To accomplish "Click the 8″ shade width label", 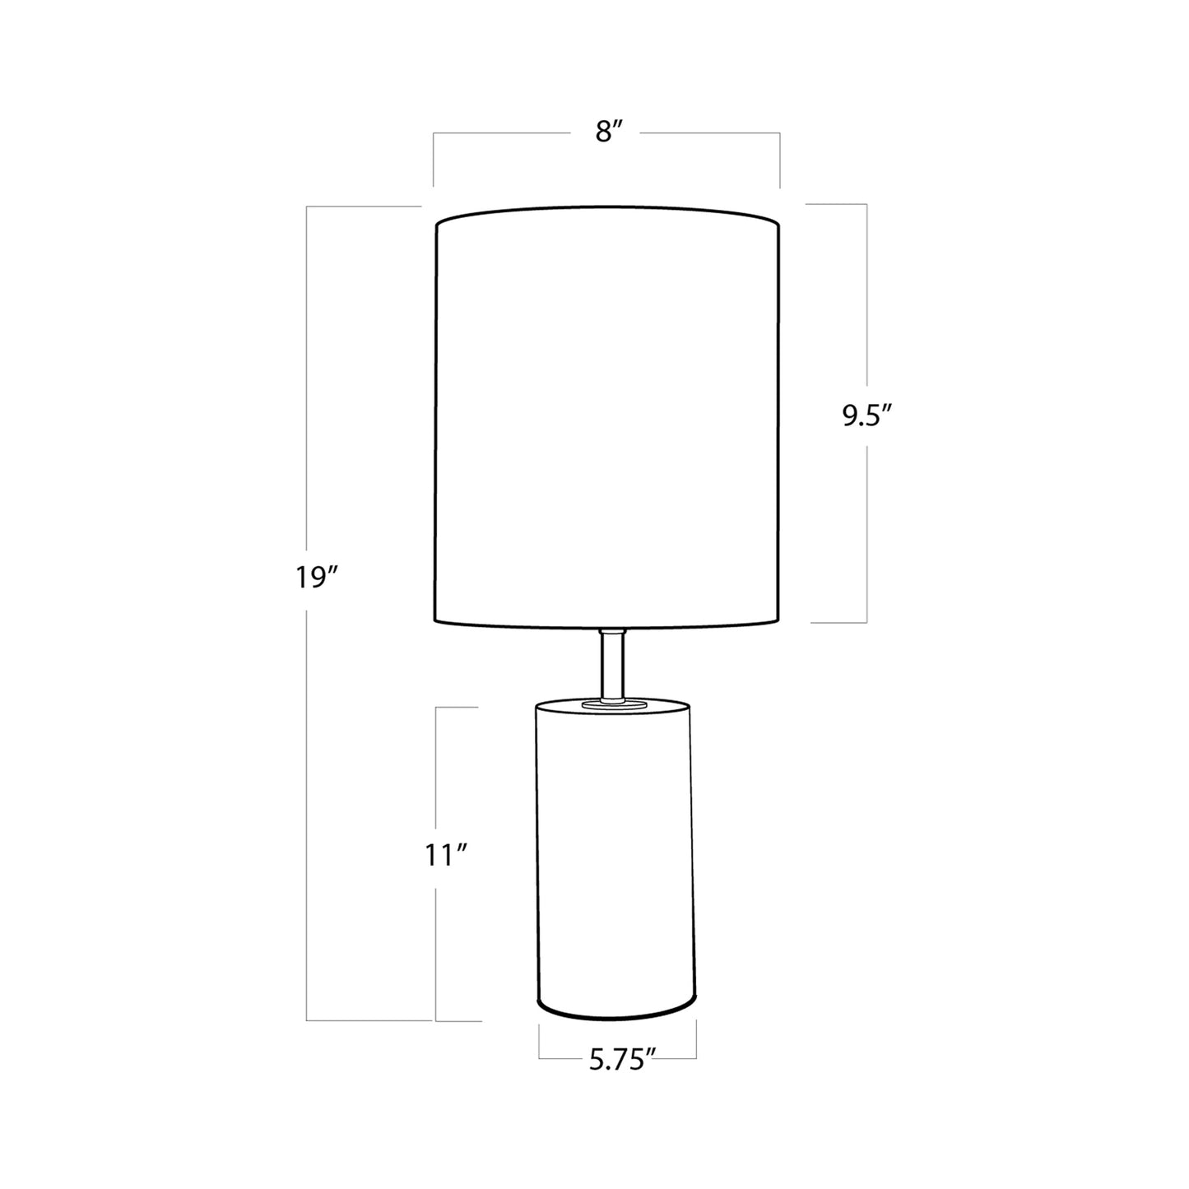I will click(x=606, y=133).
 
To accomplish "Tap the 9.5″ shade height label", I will click(x=866, y=416).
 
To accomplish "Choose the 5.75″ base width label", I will click(x=621, y=1061).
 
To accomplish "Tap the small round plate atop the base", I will click(x=611, y=704).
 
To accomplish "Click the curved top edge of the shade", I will click(x=606, y=208).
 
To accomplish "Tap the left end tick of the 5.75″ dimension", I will click(x=540, y=1040).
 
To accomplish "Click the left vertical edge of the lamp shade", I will click(x=434, y=420).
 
